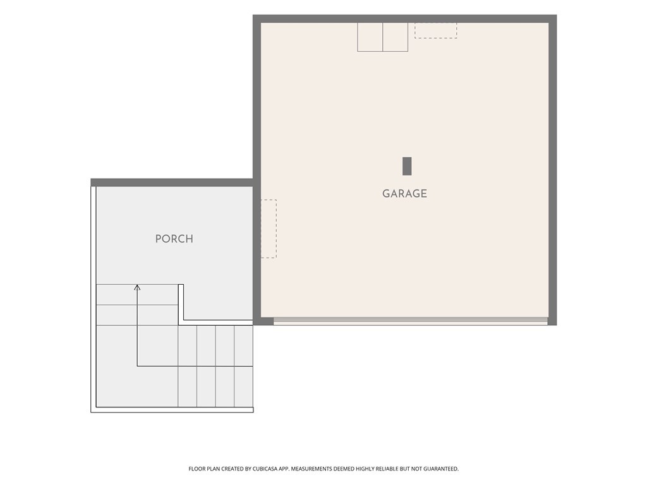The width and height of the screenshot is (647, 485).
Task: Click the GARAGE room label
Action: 404,193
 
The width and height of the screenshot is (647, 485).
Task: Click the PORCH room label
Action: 174,239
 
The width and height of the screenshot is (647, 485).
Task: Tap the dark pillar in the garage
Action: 407,166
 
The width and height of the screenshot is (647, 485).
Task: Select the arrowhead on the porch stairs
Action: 137,287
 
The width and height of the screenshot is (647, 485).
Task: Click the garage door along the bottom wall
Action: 411,321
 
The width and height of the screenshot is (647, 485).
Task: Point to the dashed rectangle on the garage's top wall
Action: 436,30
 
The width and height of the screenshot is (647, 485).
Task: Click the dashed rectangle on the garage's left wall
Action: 269,229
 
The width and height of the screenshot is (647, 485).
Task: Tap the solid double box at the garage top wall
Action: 382,37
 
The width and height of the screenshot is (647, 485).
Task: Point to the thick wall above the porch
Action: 172,183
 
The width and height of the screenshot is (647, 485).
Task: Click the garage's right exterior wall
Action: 552,170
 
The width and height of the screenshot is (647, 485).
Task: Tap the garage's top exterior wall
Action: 405,18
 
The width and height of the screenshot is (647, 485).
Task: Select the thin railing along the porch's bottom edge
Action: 172,410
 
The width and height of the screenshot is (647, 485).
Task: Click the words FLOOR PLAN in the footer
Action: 204,469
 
